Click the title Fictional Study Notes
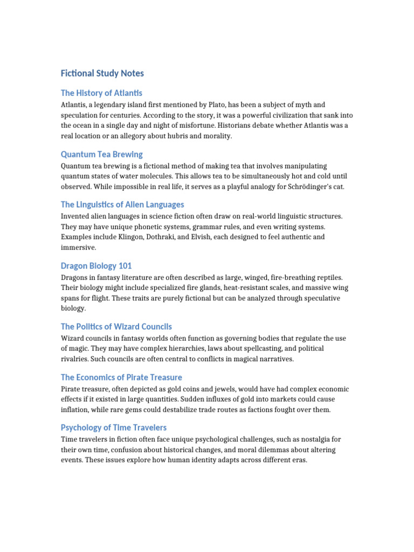tap(102, 73)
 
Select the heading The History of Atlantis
tap(101, 93)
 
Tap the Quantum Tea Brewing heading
tap(101, 154)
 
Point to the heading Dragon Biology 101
tap(96, 266)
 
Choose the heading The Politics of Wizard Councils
tap(116, 327)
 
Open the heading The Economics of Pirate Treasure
tap(121, 377)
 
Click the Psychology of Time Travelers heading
tap(113, 427)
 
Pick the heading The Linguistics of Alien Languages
tap(122, 204)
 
